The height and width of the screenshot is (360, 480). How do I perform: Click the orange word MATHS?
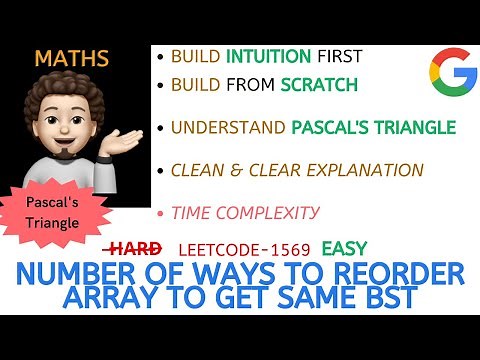point(71,58)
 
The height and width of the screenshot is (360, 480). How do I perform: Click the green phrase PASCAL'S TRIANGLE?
point(373,127)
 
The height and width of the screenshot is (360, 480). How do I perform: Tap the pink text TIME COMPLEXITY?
point(245,212)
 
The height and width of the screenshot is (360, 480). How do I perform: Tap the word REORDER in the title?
point(395,273)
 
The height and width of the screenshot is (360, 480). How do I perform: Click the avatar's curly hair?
point(70,95)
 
